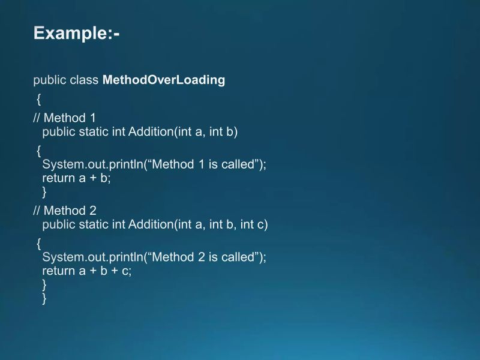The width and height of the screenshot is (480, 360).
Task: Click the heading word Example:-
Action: coord(77,33)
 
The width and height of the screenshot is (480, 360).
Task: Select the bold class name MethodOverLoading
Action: coord(164,80)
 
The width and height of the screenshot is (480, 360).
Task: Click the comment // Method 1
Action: coord(64,118)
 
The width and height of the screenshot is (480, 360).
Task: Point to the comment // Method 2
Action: coord(64,211)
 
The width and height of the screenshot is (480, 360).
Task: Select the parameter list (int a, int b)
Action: coord(206,132)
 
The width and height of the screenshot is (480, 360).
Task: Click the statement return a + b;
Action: coord(77,178)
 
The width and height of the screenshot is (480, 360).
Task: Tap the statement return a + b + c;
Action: coord(86,271)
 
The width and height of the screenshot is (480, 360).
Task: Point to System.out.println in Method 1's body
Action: coord(92,164)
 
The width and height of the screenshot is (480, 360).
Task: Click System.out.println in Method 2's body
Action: coord(92,257)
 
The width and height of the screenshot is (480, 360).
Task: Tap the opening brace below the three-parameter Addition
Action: coord(38,243)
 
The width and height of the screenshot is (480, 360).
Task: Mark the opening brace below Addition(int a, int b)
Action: coord(38,150)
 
